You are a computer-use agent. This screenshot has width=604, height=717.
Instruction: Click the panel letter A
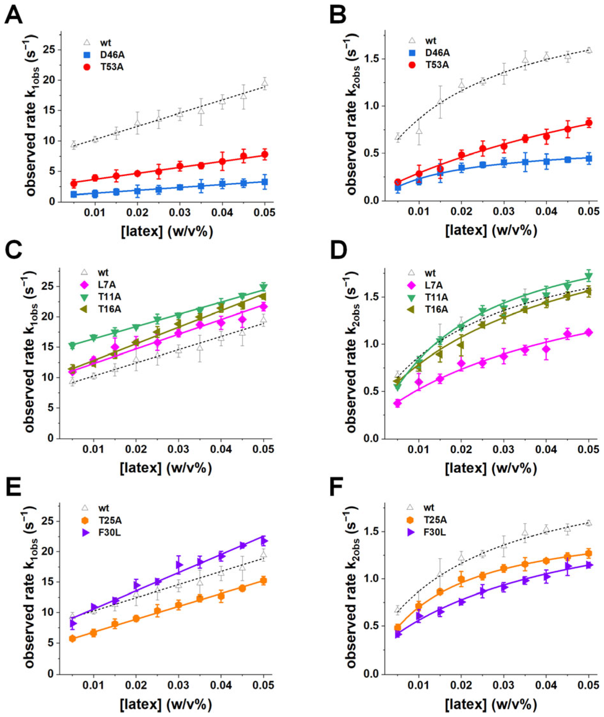(x=14, y=15)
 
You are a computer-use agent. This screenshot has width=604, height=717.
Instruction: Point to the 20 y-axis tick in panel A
(x=49, y=80)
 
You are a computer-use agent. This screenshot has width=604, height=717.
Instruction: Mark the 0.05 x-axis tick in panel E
(x=263, y=684)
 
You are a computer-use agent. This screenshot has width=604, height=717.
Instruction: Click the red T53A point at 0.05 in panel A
(x=264, y=155)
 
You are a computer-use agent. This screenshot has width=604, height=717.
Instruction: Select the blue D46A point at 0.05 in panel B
(x=589, y=158)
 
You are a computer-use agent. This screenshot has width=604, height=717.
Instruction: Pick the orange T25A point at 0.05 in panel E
(x=263, y=581)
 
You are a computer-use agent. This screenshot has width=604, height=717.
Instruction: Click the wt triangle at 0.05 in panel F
(x=589, y=523)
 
